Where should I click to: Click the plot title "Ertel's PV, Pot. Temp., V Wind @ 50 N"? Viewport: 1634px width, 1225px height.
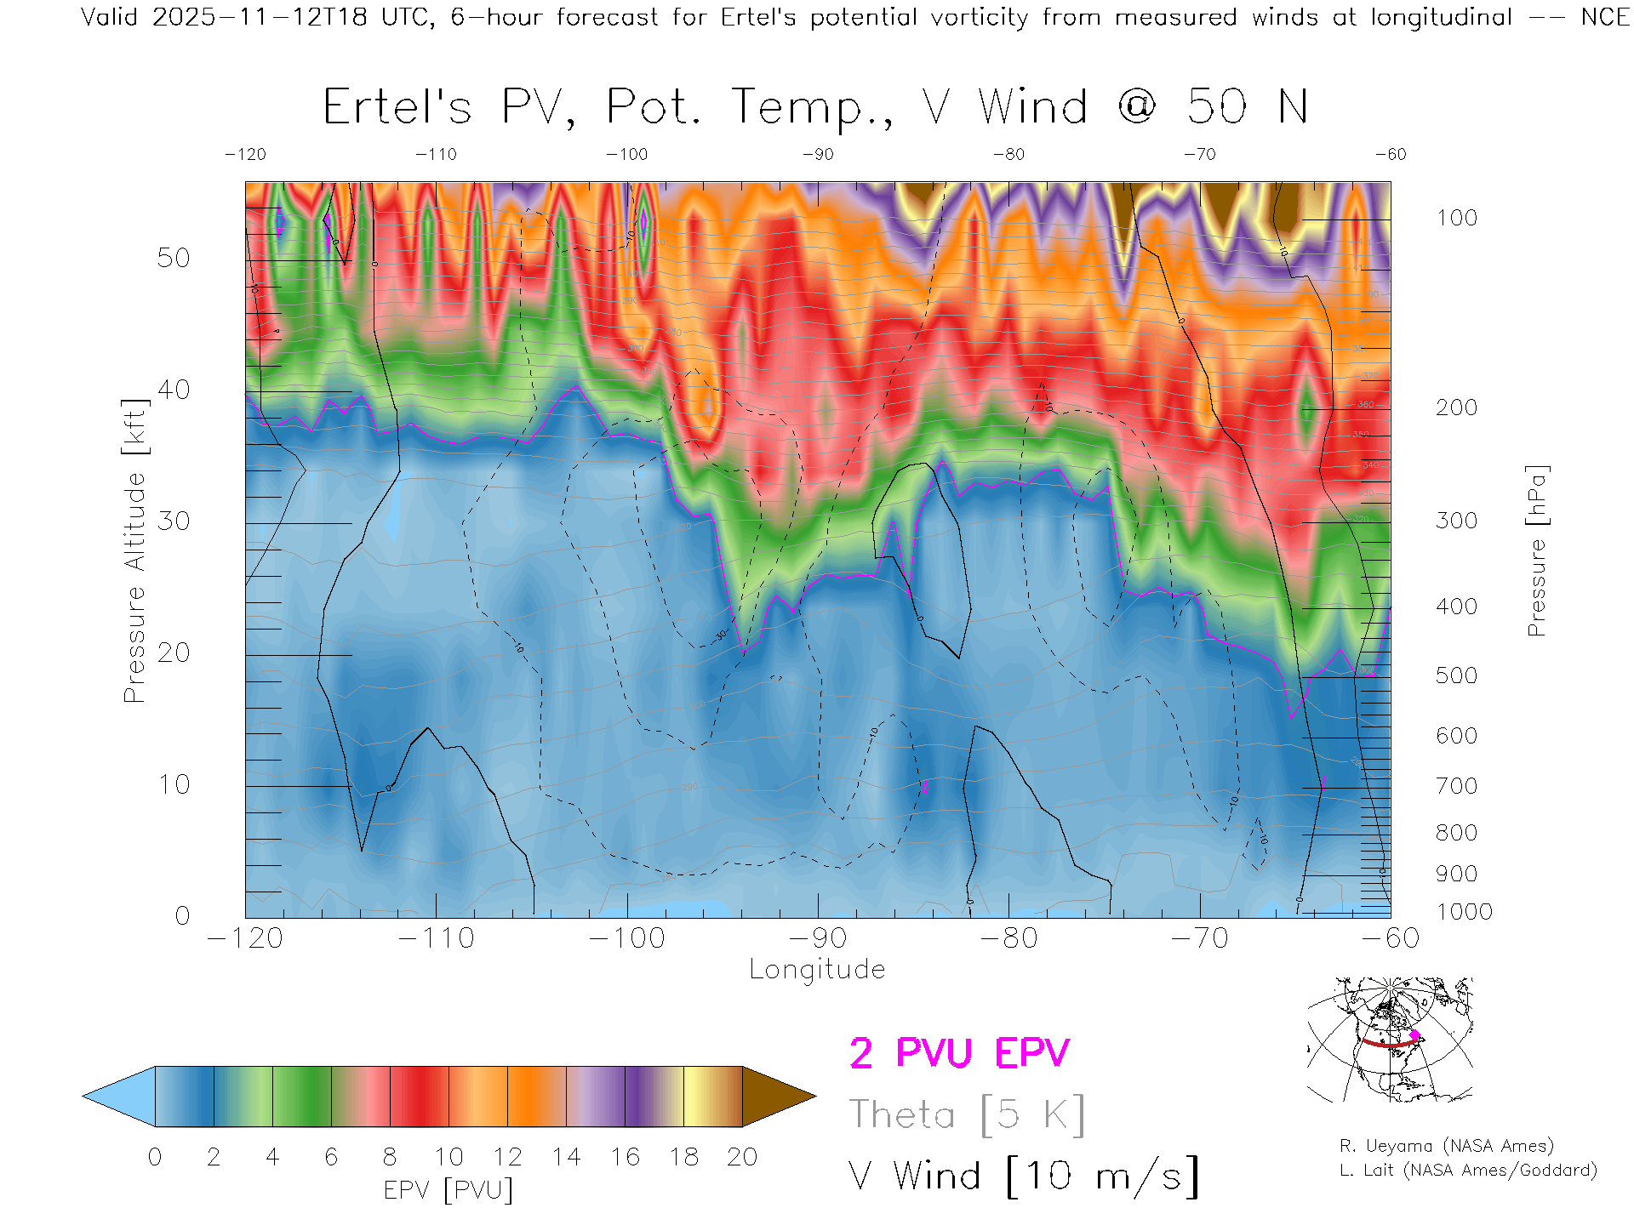point(814,108)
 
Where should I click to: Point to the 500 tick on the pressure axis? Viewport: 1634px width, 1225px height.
point(1456,675)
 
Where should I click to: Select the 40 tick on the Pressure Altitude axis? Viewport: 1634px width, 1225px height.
point(173,390)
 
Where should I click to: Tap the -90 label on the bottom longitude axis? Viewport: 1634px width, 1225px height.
point(818,938)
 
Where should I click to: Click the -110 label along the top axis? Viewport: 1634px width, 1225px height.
point(436,155)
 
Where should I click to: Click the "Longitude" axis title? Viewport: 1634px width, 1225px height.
point(817,970)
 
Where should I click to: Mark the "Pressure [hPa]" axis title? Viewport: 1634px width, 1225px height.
point(1536,550)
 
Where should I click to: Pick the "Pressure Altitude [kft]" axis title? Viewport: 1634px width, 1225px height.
point(134,550)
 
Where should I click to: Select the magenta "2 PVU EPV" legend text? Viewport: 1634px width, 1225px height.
point(959,1053)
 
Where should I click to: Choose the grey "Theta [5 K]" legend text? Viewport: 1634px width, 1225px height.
point(967,1114)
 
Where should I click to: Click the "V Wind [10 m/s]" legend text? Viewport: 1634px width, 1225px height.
point(1024,1177)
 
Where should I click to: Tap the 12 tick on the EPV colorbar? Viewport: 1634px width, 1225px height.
point(507,1157)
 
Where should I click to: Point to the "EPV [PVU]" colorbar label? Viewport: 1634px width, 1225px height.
point(448,1190)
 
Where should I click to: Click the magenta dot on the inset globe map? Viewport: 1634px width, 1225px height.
point(1414,1035)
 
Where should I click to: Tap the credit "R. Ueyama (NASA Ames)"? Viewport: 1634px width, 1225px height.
point(1446,1146)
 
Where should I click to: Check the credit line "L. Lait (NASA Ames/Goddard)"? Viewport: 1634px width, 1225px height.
point(1467,1171)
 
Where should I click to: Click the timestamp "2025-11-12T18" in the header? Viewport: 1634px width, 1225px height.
point(260,17)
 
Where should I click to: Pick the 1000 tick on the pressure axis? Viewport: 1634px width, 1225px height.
point(1464,912)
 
